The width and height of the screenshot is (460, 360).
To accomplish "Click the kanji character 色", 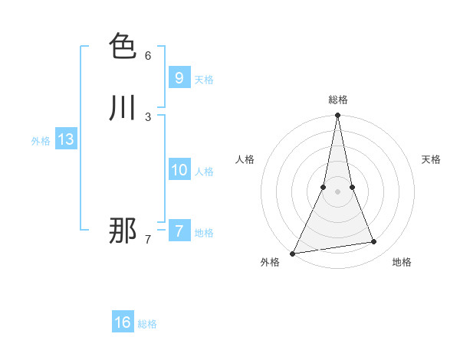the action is tap(123, 46).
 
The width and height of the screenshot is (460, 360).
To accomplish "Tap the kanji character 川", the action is tap(123, 108).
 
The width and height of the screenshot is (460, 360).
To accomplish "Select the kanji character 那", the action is tap(123, 231).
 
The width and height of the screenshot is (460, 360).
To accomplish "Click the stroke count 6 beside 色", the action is tap(148, 56).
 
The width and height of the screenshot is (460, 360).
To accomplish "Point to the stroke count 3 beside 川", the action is tap(148, 117).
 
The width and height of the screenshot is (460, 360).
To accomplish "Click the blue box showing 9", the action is tap(179, 77).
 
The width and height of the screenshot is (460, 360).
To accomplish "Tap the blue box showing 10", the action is tap(179, 170).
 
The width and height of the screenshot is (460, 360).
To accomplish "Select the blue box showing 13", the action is tap(65, 139).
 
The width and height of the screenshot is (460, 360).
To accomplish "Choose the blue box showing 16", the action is tap(123, 322).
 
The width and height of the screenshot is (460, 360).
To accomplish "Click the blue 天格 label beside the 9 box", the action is tap(204, 80).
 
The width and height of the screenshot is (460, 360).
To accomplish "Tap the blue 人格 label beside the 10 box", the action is tap(204, 172).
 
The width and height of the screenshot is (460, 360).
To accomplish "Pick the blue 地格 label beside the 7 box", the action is tap(204, 233).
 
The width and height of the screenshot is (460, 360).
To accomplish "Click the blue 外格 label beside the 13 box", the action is tap(41, 141).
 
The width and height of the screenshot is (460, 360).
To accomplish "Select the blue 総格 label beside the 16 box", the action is tap(147, 324).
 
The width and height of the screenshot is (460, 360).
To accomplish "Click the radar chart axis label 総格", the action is tap(338, 100).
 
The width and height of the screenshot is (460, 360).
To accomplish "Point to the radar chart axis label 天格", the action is tap(431, 159).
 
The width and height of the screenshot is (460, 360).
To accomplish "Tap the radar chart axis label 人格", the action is tap(245, 159).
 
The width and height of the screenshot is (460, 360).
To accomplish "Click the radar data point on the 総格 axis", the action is tap(338, 116).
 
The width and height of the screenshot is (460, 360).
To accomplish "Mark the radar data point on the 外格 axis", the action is tap(293, 254).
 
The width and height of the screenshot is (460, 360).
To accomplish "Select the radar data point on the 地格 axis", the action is tap(374, 242).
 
